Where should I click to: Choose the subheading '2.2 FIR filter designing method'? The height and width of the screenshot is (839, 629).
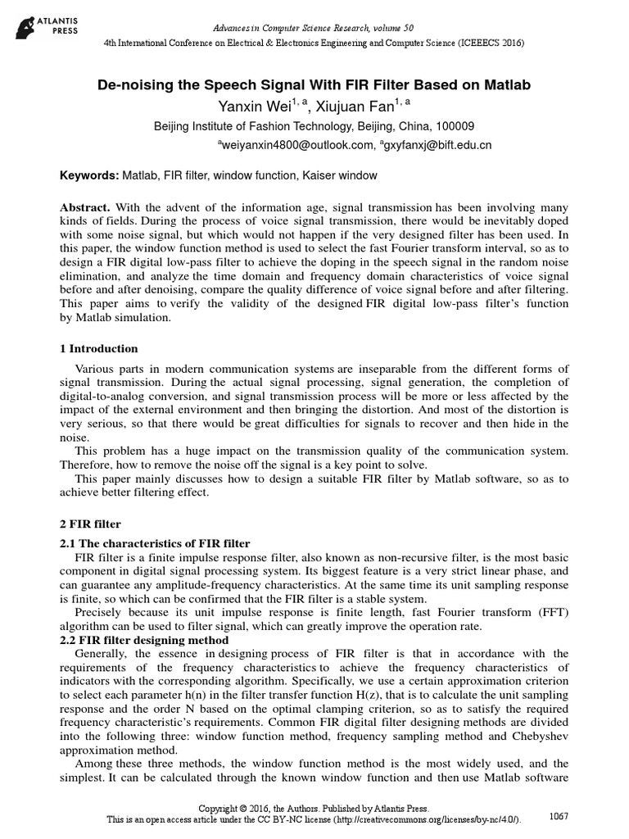tap(150, 639)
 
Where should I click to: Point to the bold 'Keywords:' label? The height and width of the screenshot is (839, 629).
tap(90, 176)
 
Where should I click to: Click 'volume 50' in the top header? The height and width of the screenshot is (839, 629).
tap(390, 28)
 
